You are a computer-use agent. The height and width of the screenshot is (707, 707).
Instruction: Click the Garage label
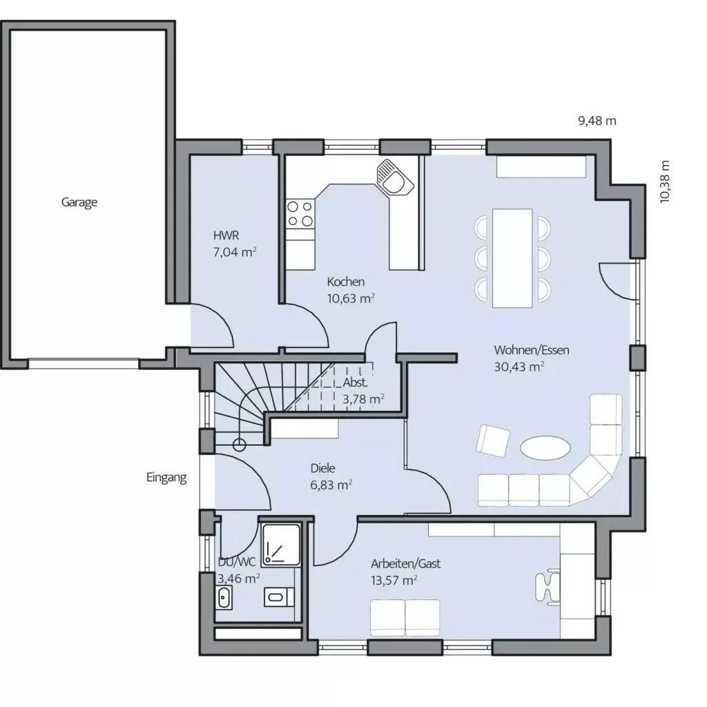(79, 202)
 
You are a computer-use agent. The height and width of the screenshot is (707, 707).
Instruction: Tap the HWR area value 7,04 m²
(235, 252)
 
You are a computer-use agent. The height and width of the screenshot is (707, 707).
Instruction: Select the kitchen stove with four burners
(300, 213)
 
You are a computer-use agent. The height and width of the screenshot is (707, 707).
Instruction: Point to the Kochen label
(346, 282)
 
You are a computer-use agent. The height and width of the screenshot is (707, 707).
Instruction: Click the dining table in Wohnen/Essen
(512, 257)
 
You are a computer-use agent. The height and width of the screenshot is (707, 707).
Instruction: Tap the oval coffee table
(545, 447)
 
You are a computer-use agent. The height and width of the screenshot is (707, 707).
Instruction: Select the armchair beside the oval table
(494, 440)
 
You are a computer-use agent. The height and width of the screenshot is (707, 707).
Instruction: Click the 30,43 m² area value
(519, 367)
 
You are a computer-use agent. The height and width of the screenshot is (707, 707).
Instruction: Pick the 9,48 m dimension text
(597, 121)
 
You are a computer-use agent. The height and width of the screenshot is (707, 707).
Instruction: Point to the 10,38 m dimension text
(664, 181)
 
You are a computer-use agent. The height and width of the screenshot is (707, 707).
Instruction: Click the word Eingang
(166, 477)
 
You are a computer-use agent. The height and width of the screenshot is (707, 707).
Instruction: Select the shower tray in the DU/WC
(281, 543)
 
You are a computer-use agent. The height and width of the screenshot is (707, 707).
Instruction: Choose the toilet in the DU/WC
(278, 596)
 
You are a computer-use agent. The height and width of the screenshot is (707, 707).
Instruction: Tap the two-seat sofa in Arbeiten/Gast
(405, 617)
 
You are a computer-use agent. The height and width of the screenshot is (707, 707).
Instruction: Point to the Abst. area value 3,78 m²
(363, 398)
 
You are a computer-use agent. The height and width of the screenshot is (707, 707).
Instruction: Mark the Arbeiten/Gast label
(405, 564)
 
